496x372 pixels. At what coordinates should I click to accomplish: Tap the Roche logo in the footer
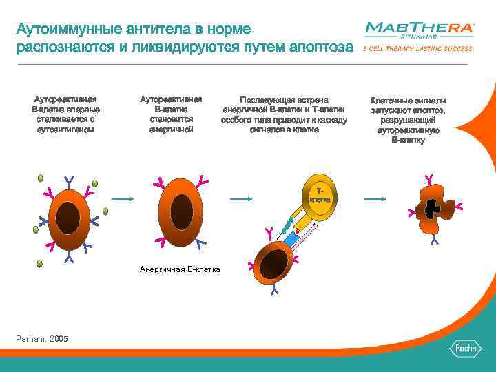click(x=464, y=349)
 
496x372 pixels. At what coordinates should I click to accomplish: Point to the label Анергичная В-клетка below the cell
click(x=180, y=269)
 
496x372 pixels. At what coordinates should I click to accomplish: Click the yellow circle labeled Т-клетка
click(x=319, y=196)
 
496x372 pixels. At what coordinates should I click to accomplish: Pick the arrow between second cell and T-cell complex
click(x=240, y=199)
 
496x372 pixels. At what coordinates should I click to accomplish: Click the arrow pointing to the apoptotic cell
click(x=375, y=199)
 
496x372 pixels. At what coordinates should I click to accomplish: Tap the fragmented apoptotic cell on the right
click(x=431, y=209)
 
